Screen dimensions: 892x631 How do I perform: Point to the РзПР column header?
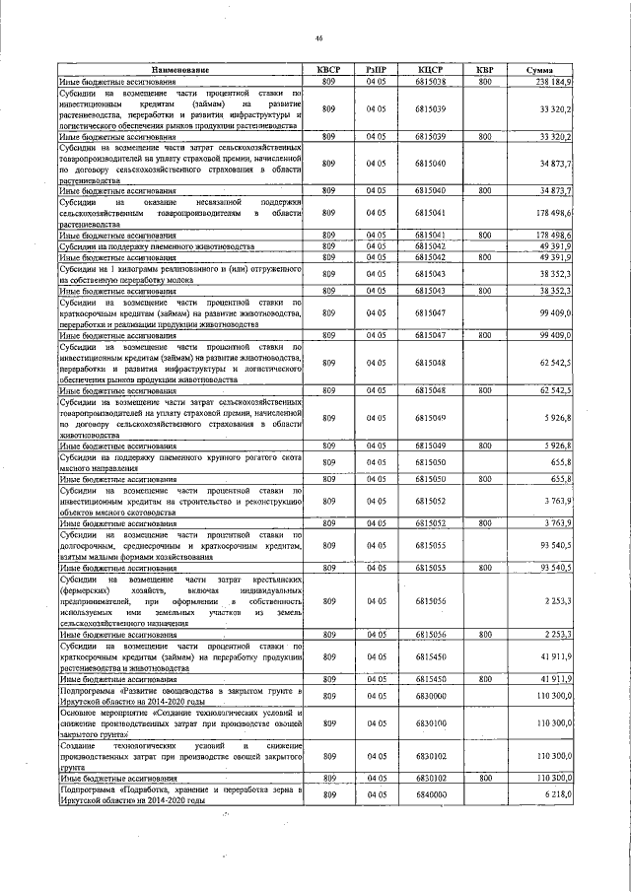[376, 70]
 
